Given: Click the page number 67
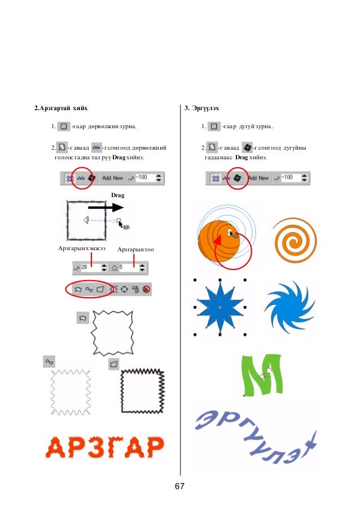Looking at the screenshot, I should coord(180,486).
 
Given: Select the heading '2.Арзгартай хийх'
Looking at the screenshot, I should coord(60,107).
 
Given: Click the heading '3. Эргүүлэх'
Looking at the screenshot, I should coord(203,107).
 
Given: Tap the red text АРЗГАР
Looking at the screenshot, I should coord(105,448).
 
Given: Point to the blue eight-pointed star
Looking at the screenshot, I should coord(219,307).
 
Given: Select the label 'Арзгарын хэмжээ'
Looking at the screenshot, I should coord(82,249).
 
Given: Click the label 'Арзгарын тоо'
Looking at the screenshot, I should coord(136,249).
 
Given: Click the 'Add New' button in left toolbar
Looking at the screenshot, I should coord(112,177).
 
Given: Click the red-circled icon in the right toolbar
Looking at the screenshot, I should coord(238,177).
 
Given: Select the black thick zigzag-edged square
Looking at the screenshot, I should coord(143,390).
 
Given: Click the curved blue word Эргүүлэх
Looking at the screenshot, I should coord(254,438).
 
